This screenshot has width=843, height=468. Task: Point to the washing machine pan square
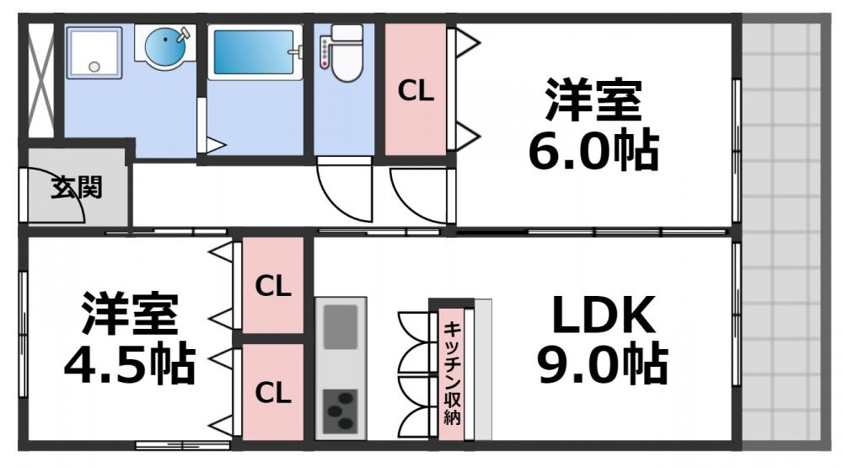click(x=94, y=52)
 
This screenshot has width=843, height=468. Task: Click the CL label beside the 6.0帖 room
click(x=416, y=92)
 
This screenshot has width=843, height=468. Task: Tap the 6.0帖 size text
click(x=593, y=151)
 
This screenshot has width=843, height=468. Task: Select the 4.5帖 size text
click(x=130, y=363)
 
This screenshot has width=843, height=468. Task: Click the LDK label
click(x=603, y=316)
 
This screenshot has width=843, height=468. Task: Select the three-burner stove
click(x=341, y=411)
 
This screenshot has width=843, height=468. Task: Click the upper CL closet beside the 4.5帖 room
click(x=273, y=286)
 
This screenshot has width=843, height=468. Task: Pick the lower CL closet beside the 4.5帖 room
click(x=273, y=392)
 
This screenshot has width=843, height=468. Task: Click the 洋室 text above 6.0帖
click(x=593, y=101)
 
